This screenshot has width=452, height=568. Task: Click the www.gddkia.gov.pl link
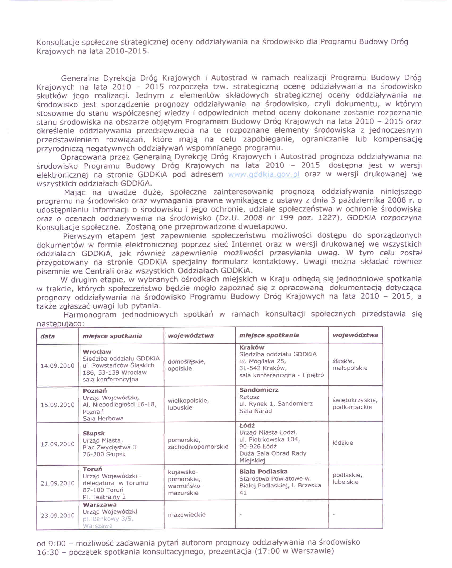click(x=264, y=175)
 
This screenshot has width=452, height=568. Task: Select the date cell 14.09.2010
click(x=57, y=366)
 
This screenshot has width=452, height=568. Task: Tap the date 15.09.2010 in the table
click(x=57, y=405)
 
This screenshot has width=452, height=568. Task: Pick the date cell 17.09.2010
click(x=57, y=444)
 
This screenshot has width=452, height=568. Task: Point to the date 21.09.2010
click(x=57, y=483)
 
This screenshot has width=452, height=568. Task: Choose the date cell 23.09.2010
click(x=57, y=516)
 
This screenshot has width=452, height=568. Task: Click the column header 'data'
click(x=48, y=336)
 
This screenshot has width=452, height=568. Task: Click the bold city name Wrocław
click(x=97, y=352)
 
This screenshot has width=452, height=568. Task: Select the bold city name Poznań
click(x=95, y=391)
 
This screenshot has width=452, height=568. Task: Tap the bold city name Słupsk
click(x=94, y=434)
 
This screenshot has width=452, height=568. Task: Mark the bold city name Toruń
click(x=92, y=469)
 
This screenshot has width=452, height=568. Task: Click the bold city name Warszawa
click(x=100, y=505)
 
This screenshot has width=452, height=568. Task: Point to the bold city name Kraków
click(x=252, y=347)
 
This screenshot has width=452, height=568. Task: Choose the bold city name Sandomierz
click(x=259, y=390)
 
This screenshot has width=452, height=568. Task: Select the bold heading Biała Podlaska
click(x=263, y=472)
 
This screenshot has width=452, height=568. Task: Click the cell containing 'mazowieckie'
click(x=187, y=515)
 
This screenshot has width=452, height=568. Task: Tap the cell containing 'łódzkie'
click(x=343, y=443)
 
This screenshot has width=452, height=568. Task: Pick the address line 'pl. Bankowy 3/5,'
click(x=108, y=519)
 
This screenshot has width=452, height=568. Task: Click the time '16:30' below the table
click(x=48, y=552)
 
